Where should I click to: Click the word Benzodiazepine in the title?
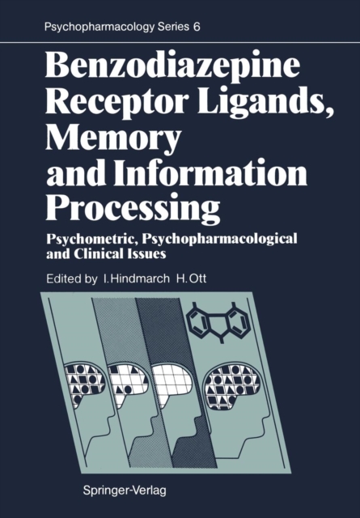point(172,67)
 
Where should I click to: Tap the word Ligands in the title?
point(265,103)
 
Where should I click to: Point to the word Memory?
point(113,139)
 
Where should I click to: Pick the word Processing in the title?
point(133,209)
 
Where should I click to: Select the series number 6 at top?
point(197,27)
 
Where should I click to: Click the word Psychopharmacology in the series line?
point(99,28)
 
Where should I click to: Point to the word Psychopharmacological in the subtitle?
point(219,240)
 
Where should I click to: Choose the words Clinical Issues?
point(121,254)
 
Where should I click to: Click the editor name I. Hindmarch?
point(136,278)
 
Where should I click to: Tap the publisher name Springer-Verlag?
point(125,490)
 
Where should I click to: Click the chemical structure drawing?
point(218,322)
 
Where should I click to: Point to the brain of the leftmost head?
point(85,383)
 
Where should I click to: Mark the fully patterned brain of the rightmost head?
point(232,385)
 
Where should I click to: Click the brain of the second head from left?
point(127,383)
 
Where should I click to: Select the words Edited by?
point(72,278)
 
